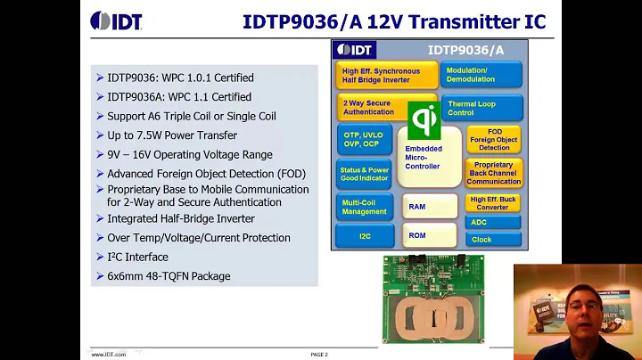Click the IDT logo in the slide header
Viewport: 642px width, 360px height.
tap(116, 20)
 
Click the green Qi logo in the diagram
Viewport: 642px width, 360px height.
tap(423, 119)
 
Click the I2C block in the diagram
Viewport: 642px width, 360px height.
tap(364, 236)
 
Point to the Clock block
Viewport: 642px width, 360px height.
tap(493, 240)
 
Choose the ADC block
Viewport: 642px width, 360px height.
tap(493, 223)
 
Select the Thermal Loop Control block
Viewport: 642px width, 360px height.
tap(481, 108)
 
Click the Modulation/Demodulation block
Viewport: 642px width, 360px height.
tap(481, 74)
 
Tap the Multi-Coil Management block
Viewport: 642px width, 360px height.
tap(364, 206)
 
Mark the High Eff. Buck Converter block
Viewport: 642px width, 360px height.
tap(493, 203)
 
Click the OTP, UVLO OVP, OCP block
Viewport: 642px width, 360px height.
tap(364, 139)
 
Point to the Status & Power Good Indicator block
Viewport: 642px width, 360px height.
tap(364, 173)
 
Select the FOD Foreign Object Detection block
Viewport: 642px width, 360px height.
tap(493, 138)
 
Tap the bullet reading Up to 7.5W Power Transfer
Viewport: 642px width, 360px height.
tap(172, 135)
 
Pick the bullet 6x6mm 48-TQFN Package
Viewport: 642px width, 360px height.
tap(169, 276)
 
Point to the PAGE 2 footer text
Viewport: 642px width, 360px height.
tap(319, 355)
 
